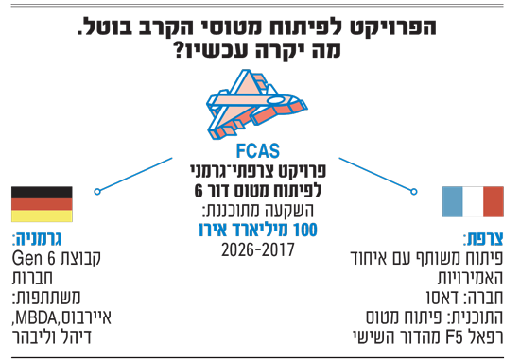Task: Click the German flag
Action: click(42, 204)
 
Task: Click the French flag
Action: click(473, 201)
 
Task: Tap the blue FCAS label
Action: click(258, 151)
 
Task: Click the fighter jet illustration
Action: click(256, 104)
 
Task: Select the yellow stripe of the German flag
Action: click(42, 215)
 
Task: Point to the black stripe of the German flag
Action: click(42, 192)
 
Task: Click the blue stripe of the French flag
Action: click(452, 201)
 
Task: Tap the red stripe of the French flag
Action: click(494, 201)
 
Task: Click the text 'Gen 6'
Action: click(33, 259)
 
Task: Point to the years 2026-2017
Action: click(258, 250)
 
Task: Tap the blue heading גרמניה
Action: click(37, 239)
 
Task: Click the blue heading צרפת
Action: click(483, 239)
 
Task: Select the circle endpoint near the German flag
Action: click(97, 192)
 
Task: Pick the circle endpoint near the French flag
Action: click(414, 192)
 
